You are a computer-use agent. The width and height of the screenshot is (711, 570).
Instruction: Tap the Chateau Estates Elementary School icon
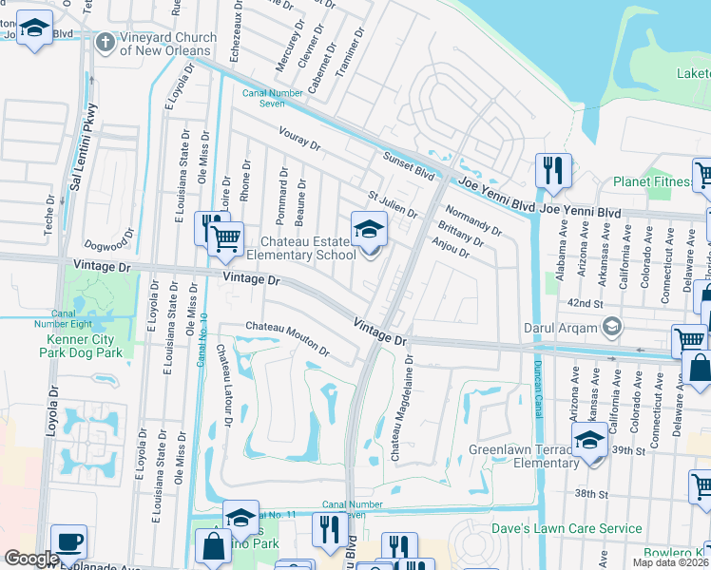coord(370,228)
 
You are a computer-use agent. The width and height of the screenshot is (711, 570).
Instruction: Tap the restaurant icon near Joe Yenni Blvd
coord(553,171)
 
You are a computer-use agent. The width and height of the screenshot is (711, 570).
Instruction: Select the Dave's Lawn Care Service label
coord(567,528)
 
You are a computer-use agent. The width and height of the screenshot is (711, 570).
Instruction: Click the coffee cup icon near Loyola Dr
coord(68,541)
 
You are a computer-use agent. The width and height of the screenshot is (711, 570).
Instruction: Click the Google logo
coord(31,558)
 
